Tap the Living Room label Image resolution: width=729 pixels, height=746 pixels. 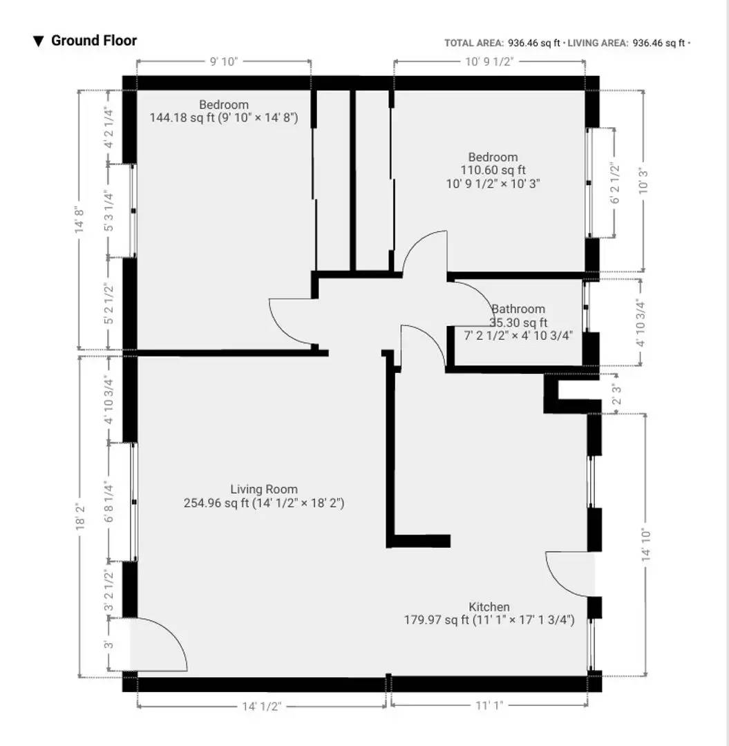pos(264,490)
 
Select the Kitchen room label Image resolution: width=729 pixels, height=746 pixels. pos(489,607)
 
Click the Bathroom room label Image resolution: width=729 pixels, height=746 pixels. pos(518,309)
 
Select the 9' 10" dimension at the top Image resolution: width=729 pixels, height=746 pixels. pos(223,62)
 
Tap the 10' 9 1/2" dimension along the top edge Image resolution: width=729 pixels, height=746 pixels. pos(490,62)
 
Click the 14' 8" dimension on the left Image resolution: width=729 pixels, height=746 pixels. pos(82,220)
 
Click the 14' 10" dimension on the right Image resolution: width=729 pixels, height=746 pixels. pos(646,544)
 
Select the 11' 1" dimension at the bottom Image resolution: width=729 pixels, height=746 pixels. pos(489,706)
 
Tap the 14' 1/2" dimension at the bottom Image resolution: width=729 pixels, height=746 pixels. pos(261,706)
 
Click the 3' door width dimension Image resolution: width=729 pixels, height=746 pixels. pos(108,645)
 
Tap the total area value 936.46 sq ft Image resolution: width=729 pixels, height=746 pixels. pos(531,43)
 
